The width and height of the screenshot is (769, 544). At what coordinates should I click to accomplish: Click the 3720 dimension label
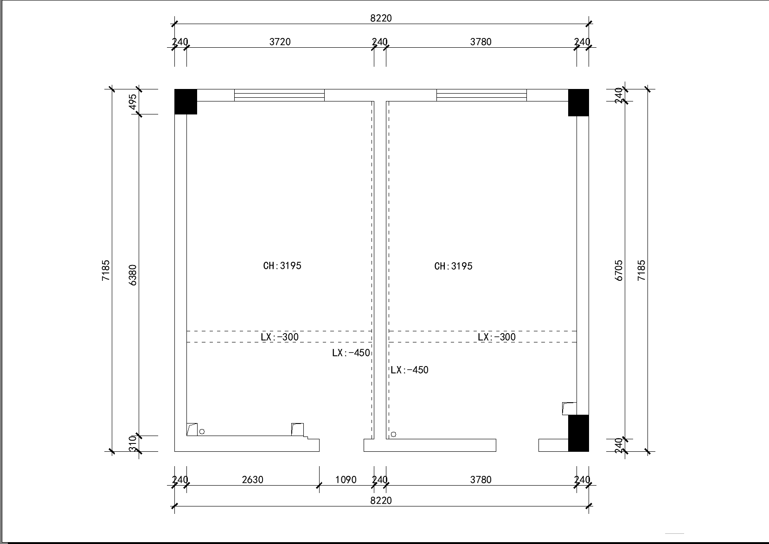(280, 42)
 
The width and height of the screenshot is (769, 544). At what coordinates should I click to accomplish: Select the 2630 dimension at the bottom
(252, 480)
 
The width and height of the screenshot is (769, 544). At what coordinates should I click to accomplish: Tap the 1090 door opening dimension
(346, 480)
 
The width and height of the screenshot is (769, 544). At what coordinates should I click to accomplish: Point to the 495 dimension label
(133, 102)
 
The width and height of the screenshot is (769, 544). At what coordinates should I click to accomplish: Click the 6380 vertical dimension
(133, 275)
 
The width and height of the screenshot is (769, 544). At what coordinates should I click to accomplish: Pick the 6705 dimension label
(619, 271)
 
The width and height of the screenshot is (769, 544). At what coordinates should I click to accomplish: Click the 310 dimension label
(133, 443)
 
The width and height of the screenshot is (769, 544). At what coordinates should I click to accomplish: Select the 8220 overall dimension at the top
(381, 18)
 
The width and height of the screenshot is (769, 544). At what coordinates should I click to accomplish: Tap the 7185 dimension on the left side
(106, 271)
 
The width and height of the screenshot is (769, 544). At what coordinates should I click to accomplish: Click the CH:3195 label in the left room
(282, 266)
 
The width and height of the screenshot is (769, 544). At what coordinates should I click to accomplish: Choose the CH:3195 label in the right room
(453, 266)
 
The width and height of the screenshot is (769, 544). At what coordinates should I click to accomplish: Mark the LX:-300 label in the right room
(496, 337)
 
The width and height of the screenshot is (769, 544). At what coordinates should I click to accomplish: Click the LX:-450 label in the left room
(351, 353)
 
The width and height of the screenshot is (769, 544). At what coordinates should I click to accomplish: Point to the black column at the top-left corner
(186, 101)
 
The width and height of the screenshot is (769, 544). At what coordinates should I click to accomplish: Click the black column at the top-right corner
(578, 102)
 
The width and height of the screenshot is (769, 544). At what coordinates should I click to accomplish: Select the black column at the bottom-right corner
(578, 433)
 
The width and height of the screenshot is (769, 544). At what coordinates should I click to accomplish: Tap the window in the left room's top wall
(280, 95)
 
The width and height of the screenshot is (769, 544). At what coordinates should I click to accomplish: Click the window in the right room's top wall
(481, 95)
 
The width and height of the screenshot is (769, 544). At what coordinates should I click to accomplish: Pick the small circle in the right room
(393, 434)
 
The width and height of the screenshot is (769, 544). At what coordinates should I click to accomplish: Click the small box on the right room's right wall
(569, 409)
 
